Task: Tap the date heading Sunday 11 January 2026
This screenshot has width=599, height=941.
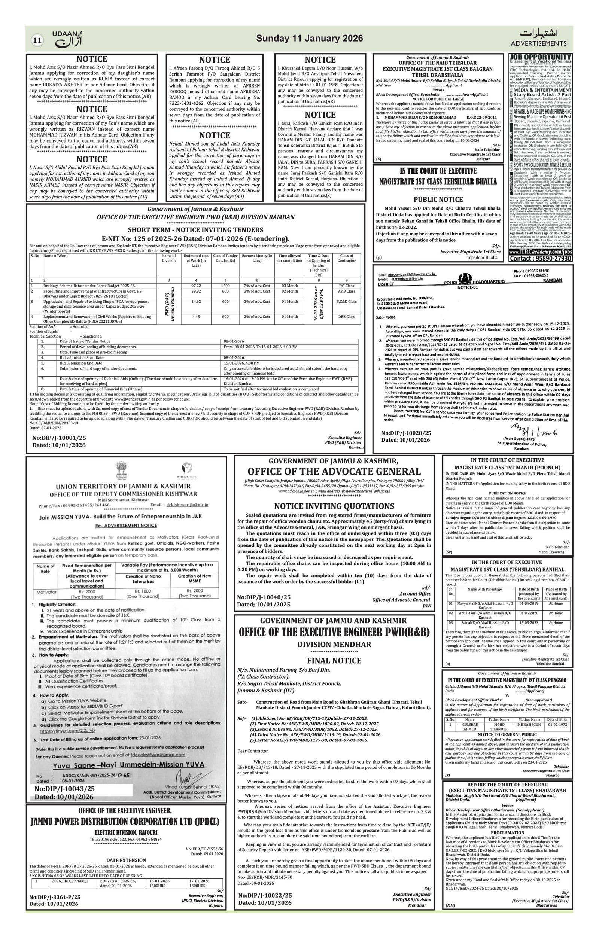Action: click(x=310, y=38)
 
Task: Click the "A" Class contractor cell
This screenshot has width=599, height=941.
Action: click(x=346, y=286)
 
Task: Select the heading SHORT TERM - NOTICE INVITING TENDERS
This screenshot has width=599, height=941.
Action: click(x=195, y=230)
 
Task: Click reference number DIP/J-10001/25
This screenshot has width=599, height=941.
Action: click(x=60, y=438)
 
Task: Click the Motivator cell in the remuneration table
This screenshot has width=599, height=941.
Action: click(x=46, y=592)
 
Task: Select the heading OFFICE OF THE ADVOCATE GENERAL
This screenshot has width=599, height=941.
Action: click(x=334, y=471)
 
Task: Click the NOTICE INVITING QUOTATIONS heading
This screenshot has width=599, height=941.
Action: click(x=334, y=506)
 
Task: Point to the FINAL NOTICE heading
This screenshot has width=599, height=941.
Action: click(x=334, y=660)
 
